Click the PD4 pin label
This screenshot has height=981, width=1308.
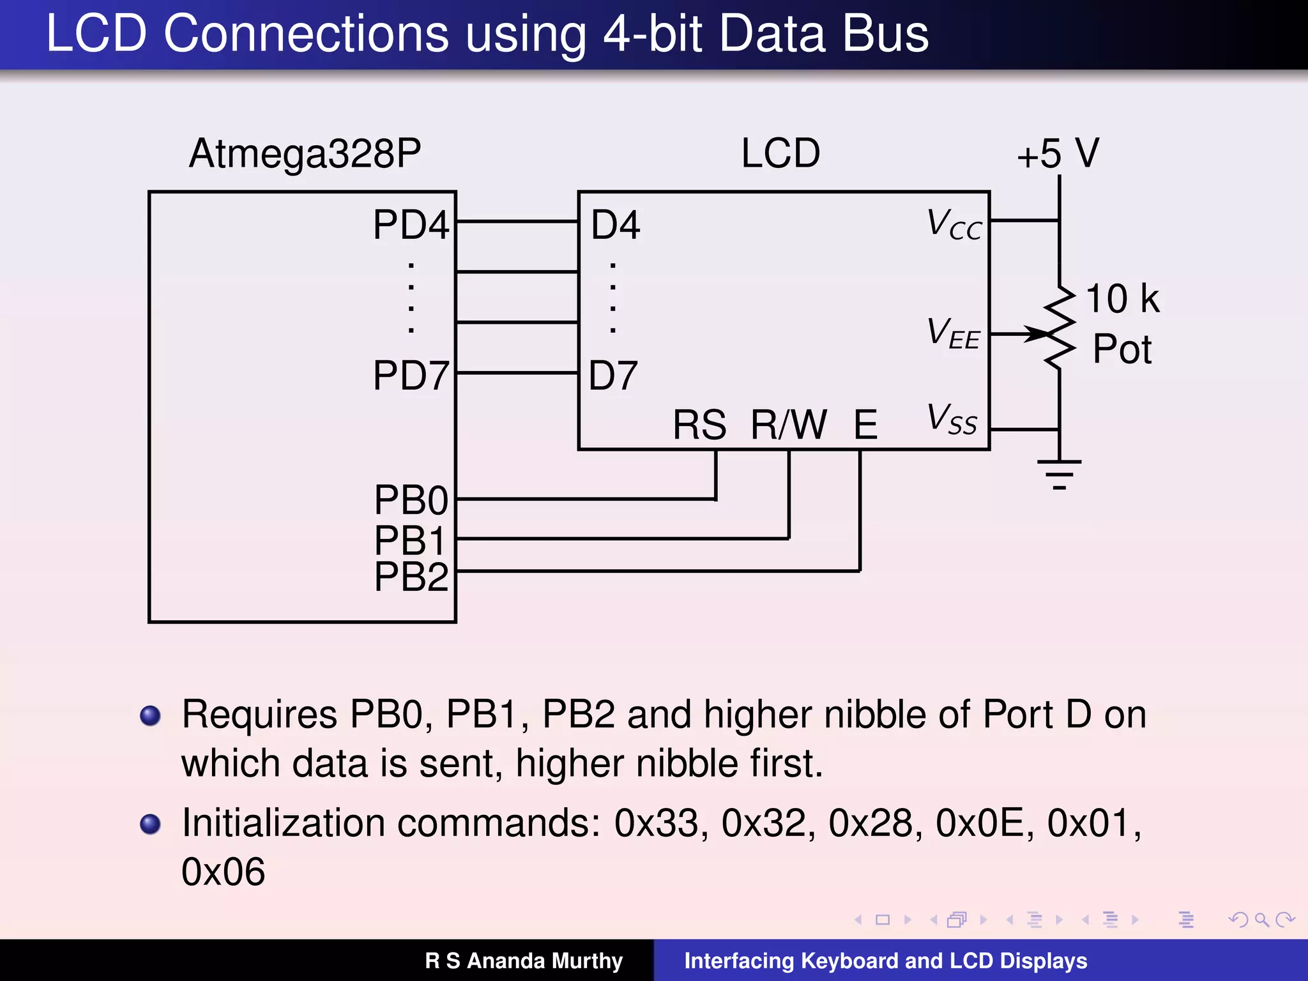[x=411, y=225]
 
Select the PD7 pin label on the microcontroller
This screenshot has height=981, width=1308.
[x=411, y=376]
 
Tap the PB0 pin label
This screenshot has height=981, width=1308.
[x=411, y=500]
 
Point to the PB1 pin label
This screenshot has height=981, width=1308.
[x=409, y=541]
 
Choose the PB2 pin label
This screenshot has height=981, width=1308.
[x=411, y=577]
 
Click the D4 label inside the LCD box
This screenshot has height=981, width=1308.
[x=615, y=225]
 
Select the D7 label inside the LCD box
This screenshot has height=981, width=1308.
[x=613, y=376]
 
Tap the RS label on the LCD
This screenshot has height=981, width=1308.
[x=699, y=425]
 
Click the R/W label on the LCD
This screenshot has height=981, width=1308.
[x=789, y=425]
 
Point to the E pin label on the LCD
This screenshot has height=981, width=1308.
[x=865, y=425]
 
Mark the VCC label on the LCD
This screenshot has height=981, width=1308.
[x=954, y=225]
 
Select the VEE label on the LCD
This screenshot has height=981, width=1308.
[x=953, y=334]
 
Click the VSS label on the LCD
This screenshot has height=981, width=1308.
[x=952, y=420]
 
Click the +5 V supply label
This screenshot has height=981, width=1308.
[x=1058, y=154]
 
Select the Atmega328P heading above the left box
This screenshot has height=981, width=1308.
[x=305, y=154]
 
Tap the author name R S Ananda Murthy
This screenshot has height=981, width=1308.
[x=523, y=961]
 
